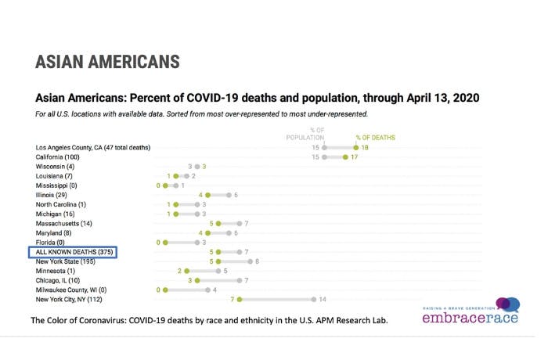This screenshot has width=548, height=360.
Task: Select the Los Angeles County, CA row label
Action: click(92, 147)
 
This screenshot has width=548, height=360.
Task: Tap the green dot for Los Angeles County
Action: click(356, 147)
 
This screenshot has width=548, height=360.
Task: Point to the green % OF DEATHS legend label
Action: click(376, 138)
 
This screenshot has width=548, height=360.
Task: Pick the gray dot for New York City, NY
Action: click(313, 299)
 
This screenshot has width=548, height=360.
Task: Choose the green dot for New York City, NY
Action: click(240, 299)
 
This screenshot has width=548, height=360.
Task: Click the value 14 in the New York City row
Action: click(322, 299)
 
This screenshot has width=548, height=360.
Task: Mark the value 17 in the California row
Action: click(354, 157)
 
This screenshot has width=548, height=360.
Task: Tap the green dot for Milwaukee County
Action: click(165, 290)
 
